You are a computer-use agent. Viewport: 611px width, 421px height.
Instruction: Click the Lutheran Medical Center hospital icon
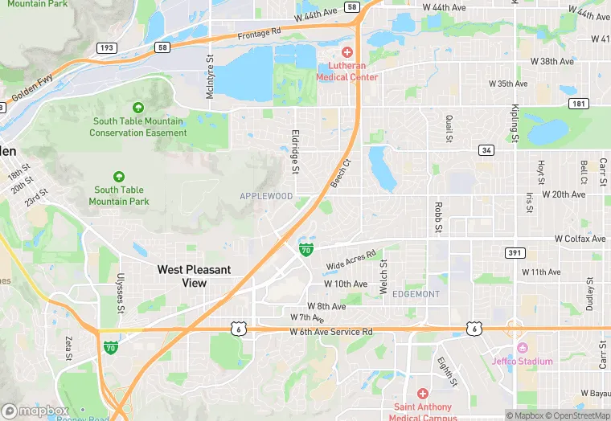pos(347,52)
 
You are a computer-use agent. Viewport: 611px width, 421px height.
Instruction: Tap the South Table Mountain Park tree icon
pos(119,177)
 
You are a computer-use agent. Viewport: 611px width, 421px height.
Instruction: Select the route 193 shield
pos(106,48)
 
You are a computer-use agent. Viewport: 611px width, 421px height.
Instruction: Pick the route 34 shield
pos(485,150)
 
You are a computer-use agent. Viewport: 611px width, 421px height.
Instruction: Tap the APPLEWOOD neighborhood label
pos(266,196)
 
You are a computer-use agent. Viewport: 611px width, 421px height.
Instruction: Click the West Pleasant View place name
pos(194,276)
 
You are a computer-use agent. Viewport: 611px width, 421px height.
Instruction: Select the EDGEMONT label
pos(416,294)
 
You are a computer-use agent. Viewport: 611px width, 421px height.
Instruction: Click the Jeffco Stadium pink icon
pos(522,348)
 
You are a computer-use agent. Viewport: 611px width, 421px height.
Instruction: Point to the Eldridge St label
pos(295,152)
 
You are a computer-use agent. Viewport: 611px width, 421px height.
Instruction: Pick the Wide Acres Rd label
pos(351,260)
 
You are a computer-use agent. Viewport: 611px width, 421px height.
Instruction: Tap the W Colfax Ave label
pos(580,239)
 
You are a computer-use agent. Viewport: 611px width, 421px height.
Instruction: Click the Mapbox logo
pos(35,411)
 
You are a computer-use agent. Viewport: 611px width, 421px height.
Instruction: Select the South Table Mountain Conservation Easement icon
pos(137,108)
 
